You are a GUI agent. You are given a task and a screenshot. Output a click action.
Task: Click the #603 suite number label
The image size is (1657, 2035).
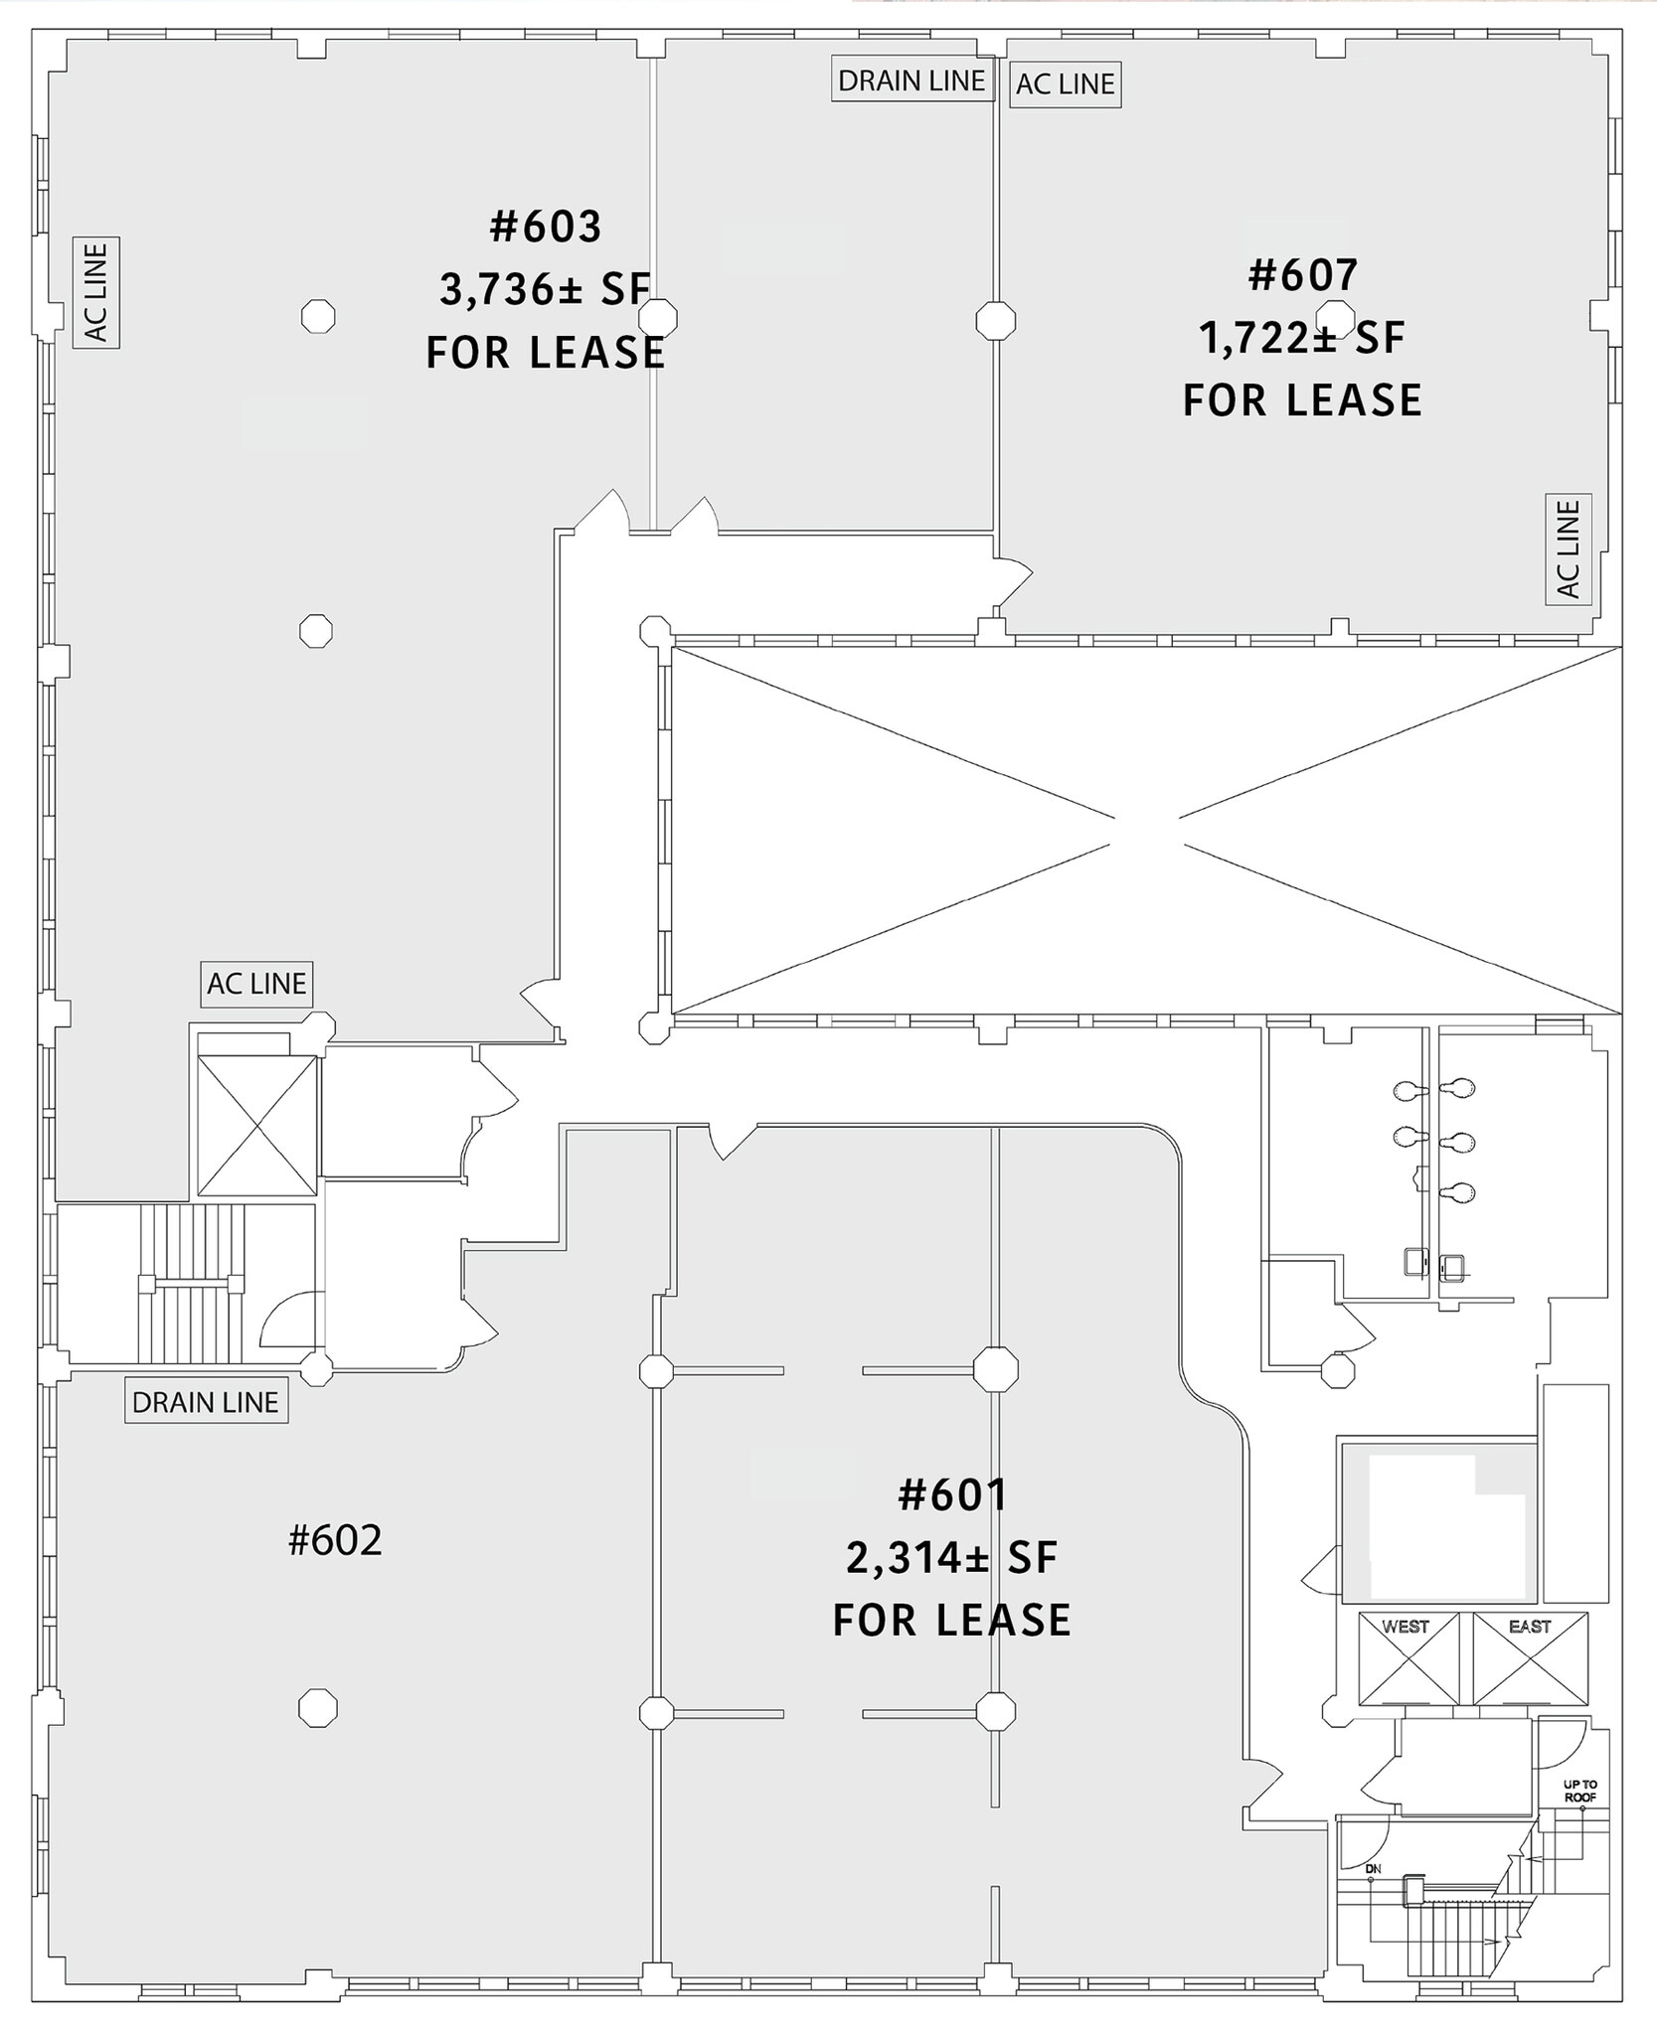click(546, 227)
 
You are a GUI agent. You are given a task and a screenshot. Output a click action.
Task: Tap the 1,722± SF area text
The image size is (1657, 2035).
click(1302, 339)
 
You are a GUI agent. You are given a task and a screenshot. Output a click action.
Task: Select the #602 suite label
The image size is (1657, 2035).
click(335, 1541)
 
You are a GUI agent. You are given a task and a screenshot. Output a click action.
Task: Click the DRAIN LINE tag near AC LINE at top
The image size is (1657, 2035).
click(911, 80)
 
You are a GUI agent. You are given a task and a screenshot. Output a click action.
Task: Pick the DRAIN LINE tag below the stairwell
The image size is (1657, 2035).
click(206, 1402)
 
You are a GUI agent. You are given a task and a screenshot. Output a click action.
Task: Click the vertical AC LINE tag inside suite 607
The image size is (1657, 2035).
click(1569, 548)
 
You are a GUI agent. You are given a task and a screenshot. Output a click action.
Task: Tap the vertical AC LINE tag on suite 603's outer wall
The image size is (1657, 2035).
click(96, 292)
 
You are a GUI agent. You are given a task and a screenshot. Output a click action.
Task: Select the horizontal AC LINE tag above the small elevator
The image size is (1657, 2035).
click(256, 984)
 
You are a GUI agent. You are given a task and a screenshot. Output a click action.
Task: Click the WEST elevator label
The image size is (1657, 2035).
click(1406, 1627)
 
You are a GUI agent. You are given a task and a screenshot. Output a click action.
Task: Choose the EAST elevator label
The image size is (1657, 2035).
click(1530, 1627)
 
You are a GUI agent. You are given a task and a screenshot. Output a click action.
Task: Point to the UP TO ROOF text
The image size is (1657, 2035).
click(1579, 1792)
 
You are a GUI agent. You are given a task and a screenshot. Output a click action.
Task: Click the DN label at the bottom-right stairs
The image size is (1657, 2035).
click(1373, 1869)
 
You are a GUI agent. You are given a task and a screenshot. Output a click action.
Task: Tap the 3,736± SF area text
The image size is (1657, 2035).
click(546, 290)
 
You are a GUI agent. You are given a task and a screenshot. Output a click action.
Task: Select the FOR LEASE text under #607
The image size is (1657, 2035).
click(1302, 399)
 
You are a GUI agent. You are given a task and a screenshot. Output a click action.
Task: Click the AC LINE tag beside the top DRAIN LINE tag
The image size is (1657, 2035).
click(1065, 84)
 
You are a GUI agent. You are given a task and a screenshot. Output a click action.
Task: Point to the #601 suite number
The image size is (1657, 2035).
click(951, 1495)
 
